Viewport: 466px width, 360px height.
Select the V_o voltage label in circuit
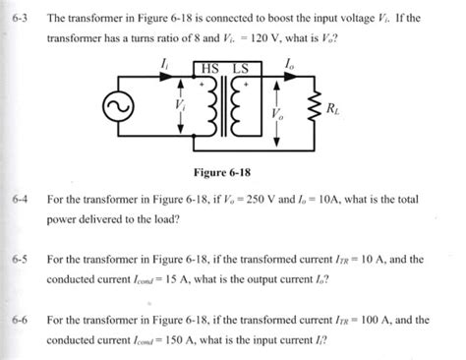(276, 114)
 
